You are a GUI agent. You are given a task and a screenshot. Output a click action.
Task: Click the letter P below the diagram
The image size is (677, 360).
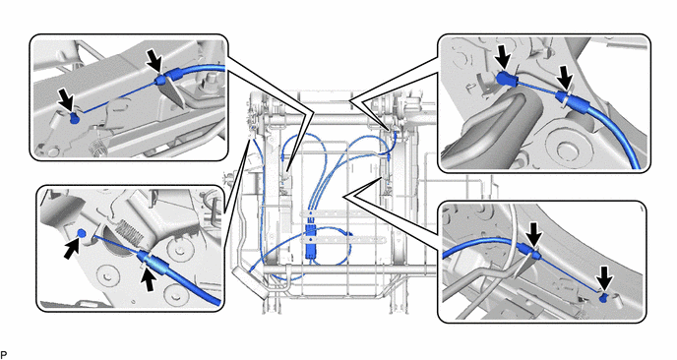(4, 354)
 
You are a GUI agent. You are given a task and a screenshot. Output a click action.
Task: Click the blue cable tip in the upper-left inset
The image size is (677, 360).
(74, 119)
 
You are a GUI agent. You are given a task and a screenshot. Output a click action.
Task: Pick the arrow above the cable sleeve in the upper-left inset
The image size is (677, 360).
(154, 61)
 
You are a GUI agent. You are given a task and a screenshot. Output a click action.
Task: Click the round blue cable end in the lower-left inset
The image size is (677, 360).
(82, 233)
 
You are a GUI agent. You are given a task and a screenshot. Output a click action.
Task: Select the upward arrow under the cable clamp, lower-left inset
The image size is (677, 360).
(149, 277)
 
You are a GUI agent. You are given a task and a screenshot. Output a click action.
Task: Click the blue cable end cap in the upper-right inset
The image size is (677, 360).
(504, 79)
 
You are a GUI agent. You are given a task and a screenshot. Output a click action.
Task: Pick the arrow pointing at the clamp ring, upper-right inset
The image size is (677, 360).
(564, 78)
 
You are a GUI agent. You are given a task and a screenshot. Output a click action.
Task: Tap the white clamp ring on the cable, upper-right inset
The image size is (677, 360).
(564, 98)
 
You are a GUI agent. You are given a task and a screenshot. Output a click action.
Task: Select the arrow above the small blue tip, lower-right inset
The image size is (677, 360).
(606, 277)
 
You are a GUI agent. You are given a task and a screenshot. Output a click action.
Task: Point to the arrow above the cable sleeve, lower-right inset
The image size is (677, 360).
(534, 235)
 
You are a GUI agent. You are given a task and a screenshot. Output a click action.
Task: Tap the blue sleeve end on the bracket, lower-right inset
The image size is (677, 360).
(534, 254)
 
